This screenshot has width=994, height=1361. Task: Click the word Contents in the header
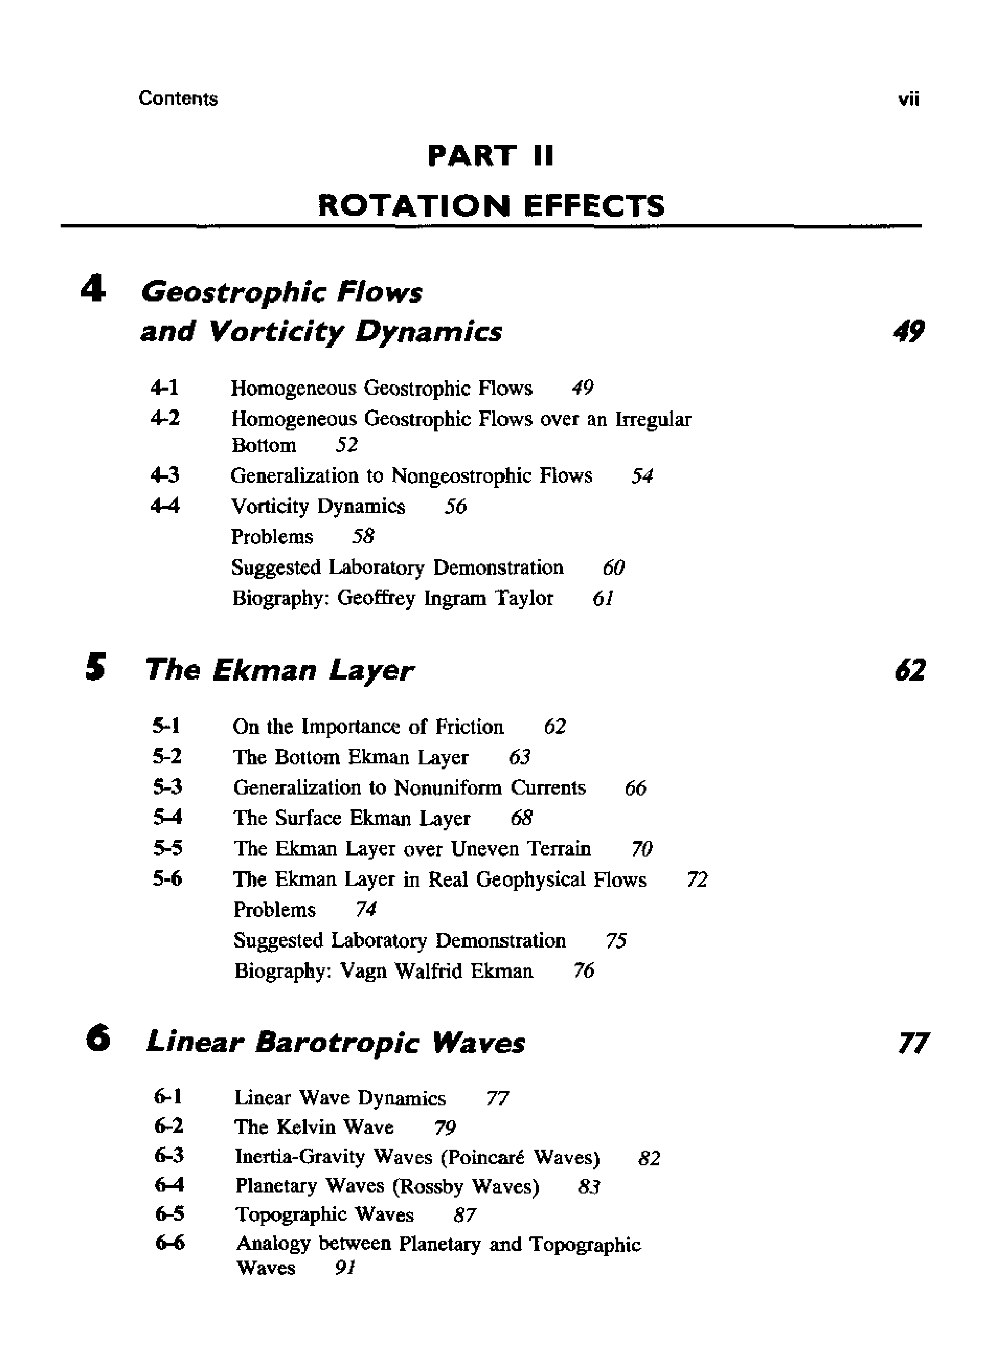coord(178,98)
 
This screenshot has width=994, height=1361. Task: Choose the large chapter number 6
coord(97,1039)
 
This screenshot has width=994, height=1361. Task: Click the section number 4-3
coord(165,476)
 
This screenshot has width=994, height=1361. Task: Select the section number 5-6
coord(167,879)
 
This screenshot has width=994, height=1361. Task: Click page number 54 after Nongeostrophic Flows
coord(642,477)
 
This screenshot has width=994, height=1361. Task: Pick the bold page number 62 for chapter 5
coord(910,670)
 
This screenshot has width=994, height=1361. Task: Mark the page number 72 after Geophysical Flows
coord(697,880)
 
